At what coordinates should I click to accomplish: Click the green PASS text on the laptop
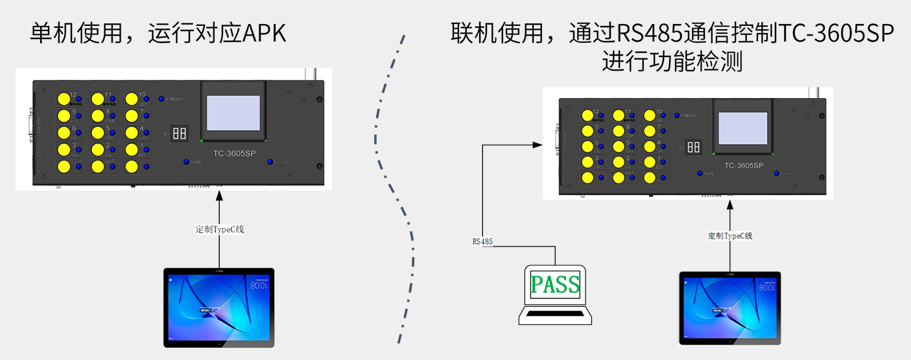coord(556,284)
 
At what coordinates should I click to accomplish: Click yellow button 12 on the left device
coord(64,99)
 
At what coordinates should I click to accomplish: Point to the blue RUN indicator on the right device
coord(700,173)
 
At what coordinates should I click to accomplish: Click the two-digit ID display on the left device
coord(180,134)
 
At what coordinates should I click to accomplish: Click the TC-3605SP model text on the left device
coord(233,154)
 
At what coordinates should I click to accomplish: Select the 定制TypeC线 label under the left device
coord(220,229)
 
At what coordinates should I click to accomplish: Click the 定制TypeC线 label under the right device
coord(730,235)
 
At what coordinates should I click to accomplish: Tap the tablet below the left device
coord(219,307)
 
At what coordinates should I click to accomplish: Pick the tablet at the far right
coord(729,308)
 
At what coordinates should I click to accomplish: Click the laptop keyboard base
coord(556,316)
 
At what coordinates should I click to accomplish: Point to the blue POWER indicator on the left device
coord(270,162)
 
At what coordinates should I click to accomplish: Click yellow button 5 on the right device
coord(618,146)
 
